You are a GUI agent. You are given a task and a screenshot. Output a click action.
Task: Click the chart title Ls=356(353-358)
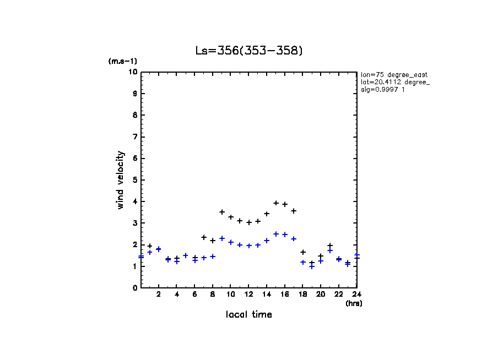coord(249,51)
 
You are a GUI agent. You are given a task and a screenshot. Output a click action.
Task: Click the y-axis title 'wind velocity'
coord(120,180)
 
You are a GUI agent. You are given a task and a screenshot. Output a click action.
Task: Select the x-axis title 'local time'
coord(248,315)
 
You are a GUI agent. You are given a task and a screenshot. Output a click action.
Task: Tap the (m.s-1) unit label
coord(122,61)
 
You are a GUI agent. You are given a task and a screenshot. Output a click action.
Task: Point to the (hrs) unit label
coord(354,303)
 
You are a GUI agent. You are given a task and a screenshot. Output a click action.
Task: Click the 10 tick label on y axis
coord(133,72)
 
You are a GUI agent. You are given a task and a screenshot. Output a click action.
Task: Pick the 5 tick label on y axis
coord(134,180)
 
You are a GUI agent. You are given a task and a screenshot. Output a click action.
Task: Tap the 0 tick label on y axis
coord(134,288)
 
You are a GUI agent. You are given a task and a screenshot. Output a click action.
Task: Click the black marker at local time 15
coord(276,203)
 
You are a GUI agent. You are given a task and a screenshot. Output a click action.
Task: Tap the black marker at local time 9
coord(222,212)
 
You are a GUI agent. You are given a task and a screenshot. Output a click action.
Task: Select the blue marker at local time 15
coord(276,234)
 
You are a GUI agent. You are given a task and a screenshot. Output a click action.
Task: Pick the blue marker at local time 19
coord(312,266)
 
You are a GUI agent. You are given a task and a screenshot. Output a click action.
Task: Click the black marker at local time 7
coord(204,237)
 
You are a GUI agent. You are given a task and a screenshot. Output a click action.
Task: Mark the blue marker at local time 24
coord(357,255)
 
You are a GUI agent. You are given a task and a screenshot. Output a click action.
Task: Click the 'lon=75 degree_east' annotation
coord(394,74)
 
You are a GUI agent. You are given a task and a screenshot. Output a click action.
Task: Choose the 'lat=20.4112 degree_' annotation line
coord(396,82)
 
